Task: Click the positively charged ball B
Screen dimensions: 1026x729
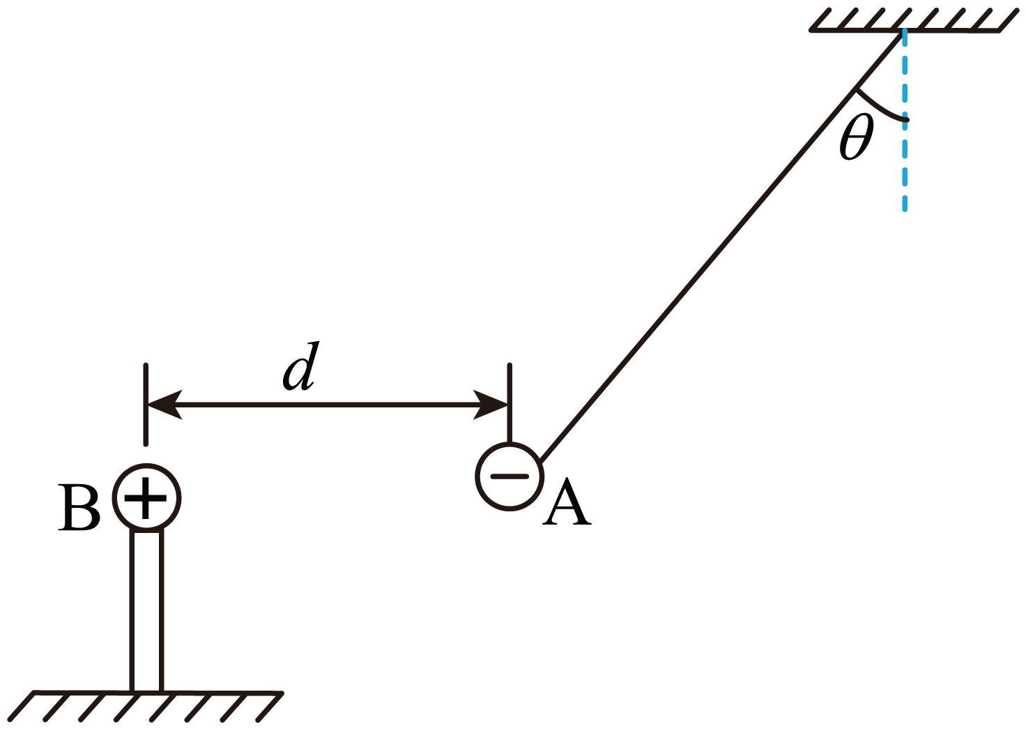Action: point(146,498)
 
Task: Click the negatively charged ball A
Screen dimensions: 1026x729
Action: point(510,476)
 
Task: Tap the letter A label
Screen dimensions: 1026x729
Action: point(567,502)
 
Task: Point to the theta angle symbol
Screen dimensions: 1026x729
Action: point(856,137)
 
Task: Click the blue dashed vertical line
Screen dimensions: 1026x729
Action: point(905,120)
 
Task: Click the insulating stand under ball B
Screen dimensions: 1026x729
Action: point(146,610)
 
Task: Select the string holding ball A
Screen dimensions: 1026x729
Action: point(721,246)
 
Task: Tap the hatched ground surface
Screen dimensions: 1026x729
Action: point(145,705)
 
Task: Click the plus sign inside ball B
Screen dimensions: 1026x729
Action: point(146,498)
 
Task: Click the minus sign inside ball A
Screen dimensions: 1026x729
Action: point(510,476)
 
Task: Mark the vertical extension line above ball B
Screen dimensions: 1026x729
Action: point(146,405)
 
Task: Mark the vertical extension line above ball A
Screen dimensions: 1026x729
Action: point(510,403)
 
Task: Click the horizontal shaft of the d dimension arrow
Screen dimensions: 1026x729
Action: point(328,405)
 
